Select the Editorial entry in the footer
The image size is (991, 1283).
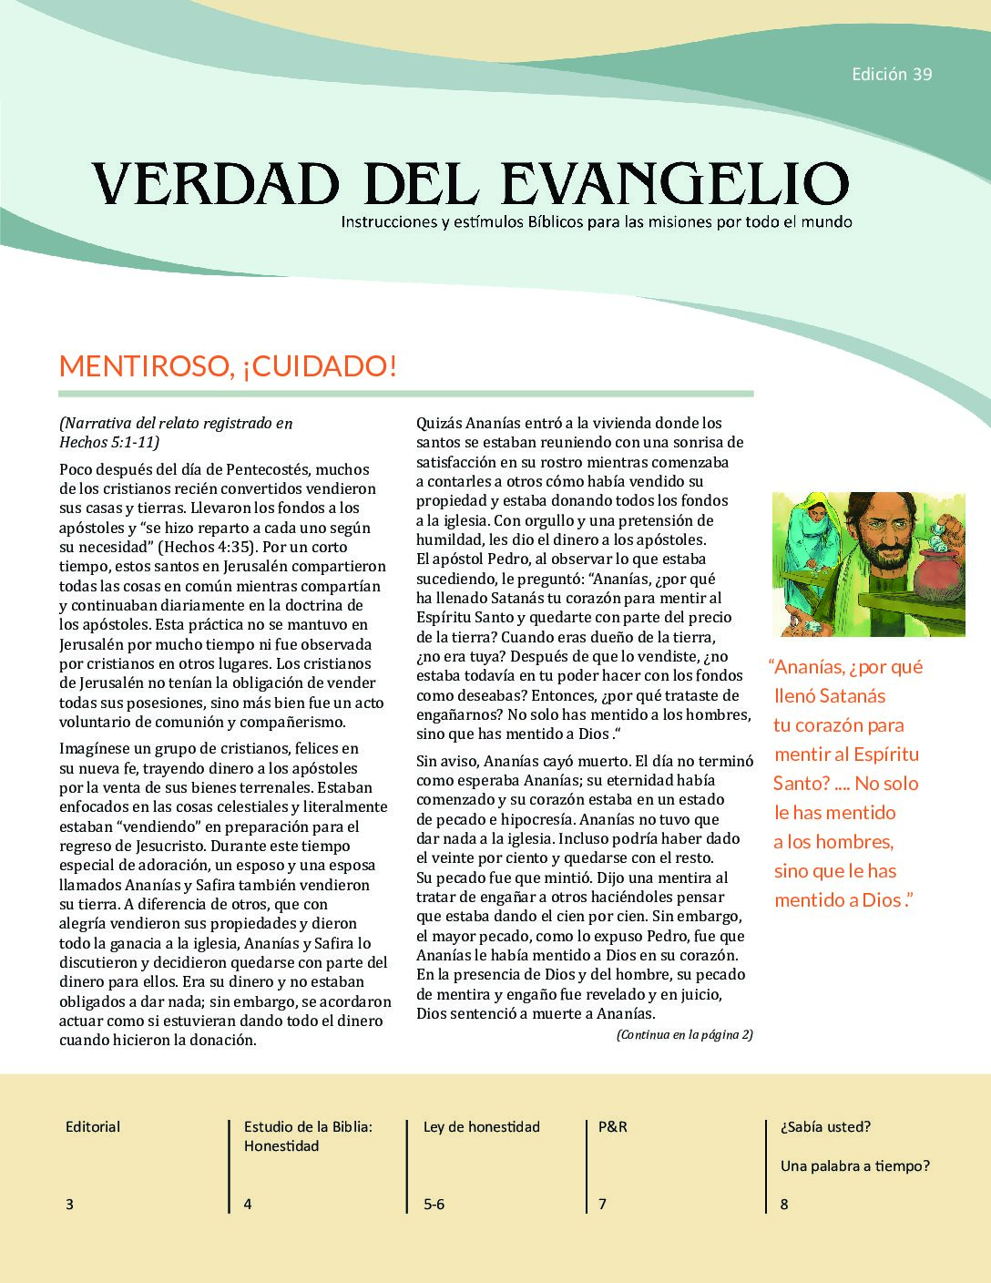tap(93, 1127)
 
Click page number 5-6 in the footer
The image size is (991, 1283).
tap(434, 1205)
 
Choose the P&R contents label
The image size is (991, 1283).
tap(612, 1127)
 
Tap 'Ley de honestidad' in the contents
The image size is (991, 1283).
tap(481, 1127)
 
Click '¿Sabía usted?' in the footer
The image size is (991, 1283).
tap(825, 1127)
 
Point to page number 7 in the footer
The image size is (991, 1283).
tap(602, 1205)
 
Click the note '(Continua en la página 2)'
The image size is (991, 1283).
tap(684, 1034)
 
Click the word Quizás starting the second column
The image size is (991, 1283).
tap(439, 423)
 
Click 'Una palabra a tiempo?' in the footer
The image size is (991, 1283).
tap(854, 1166)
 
